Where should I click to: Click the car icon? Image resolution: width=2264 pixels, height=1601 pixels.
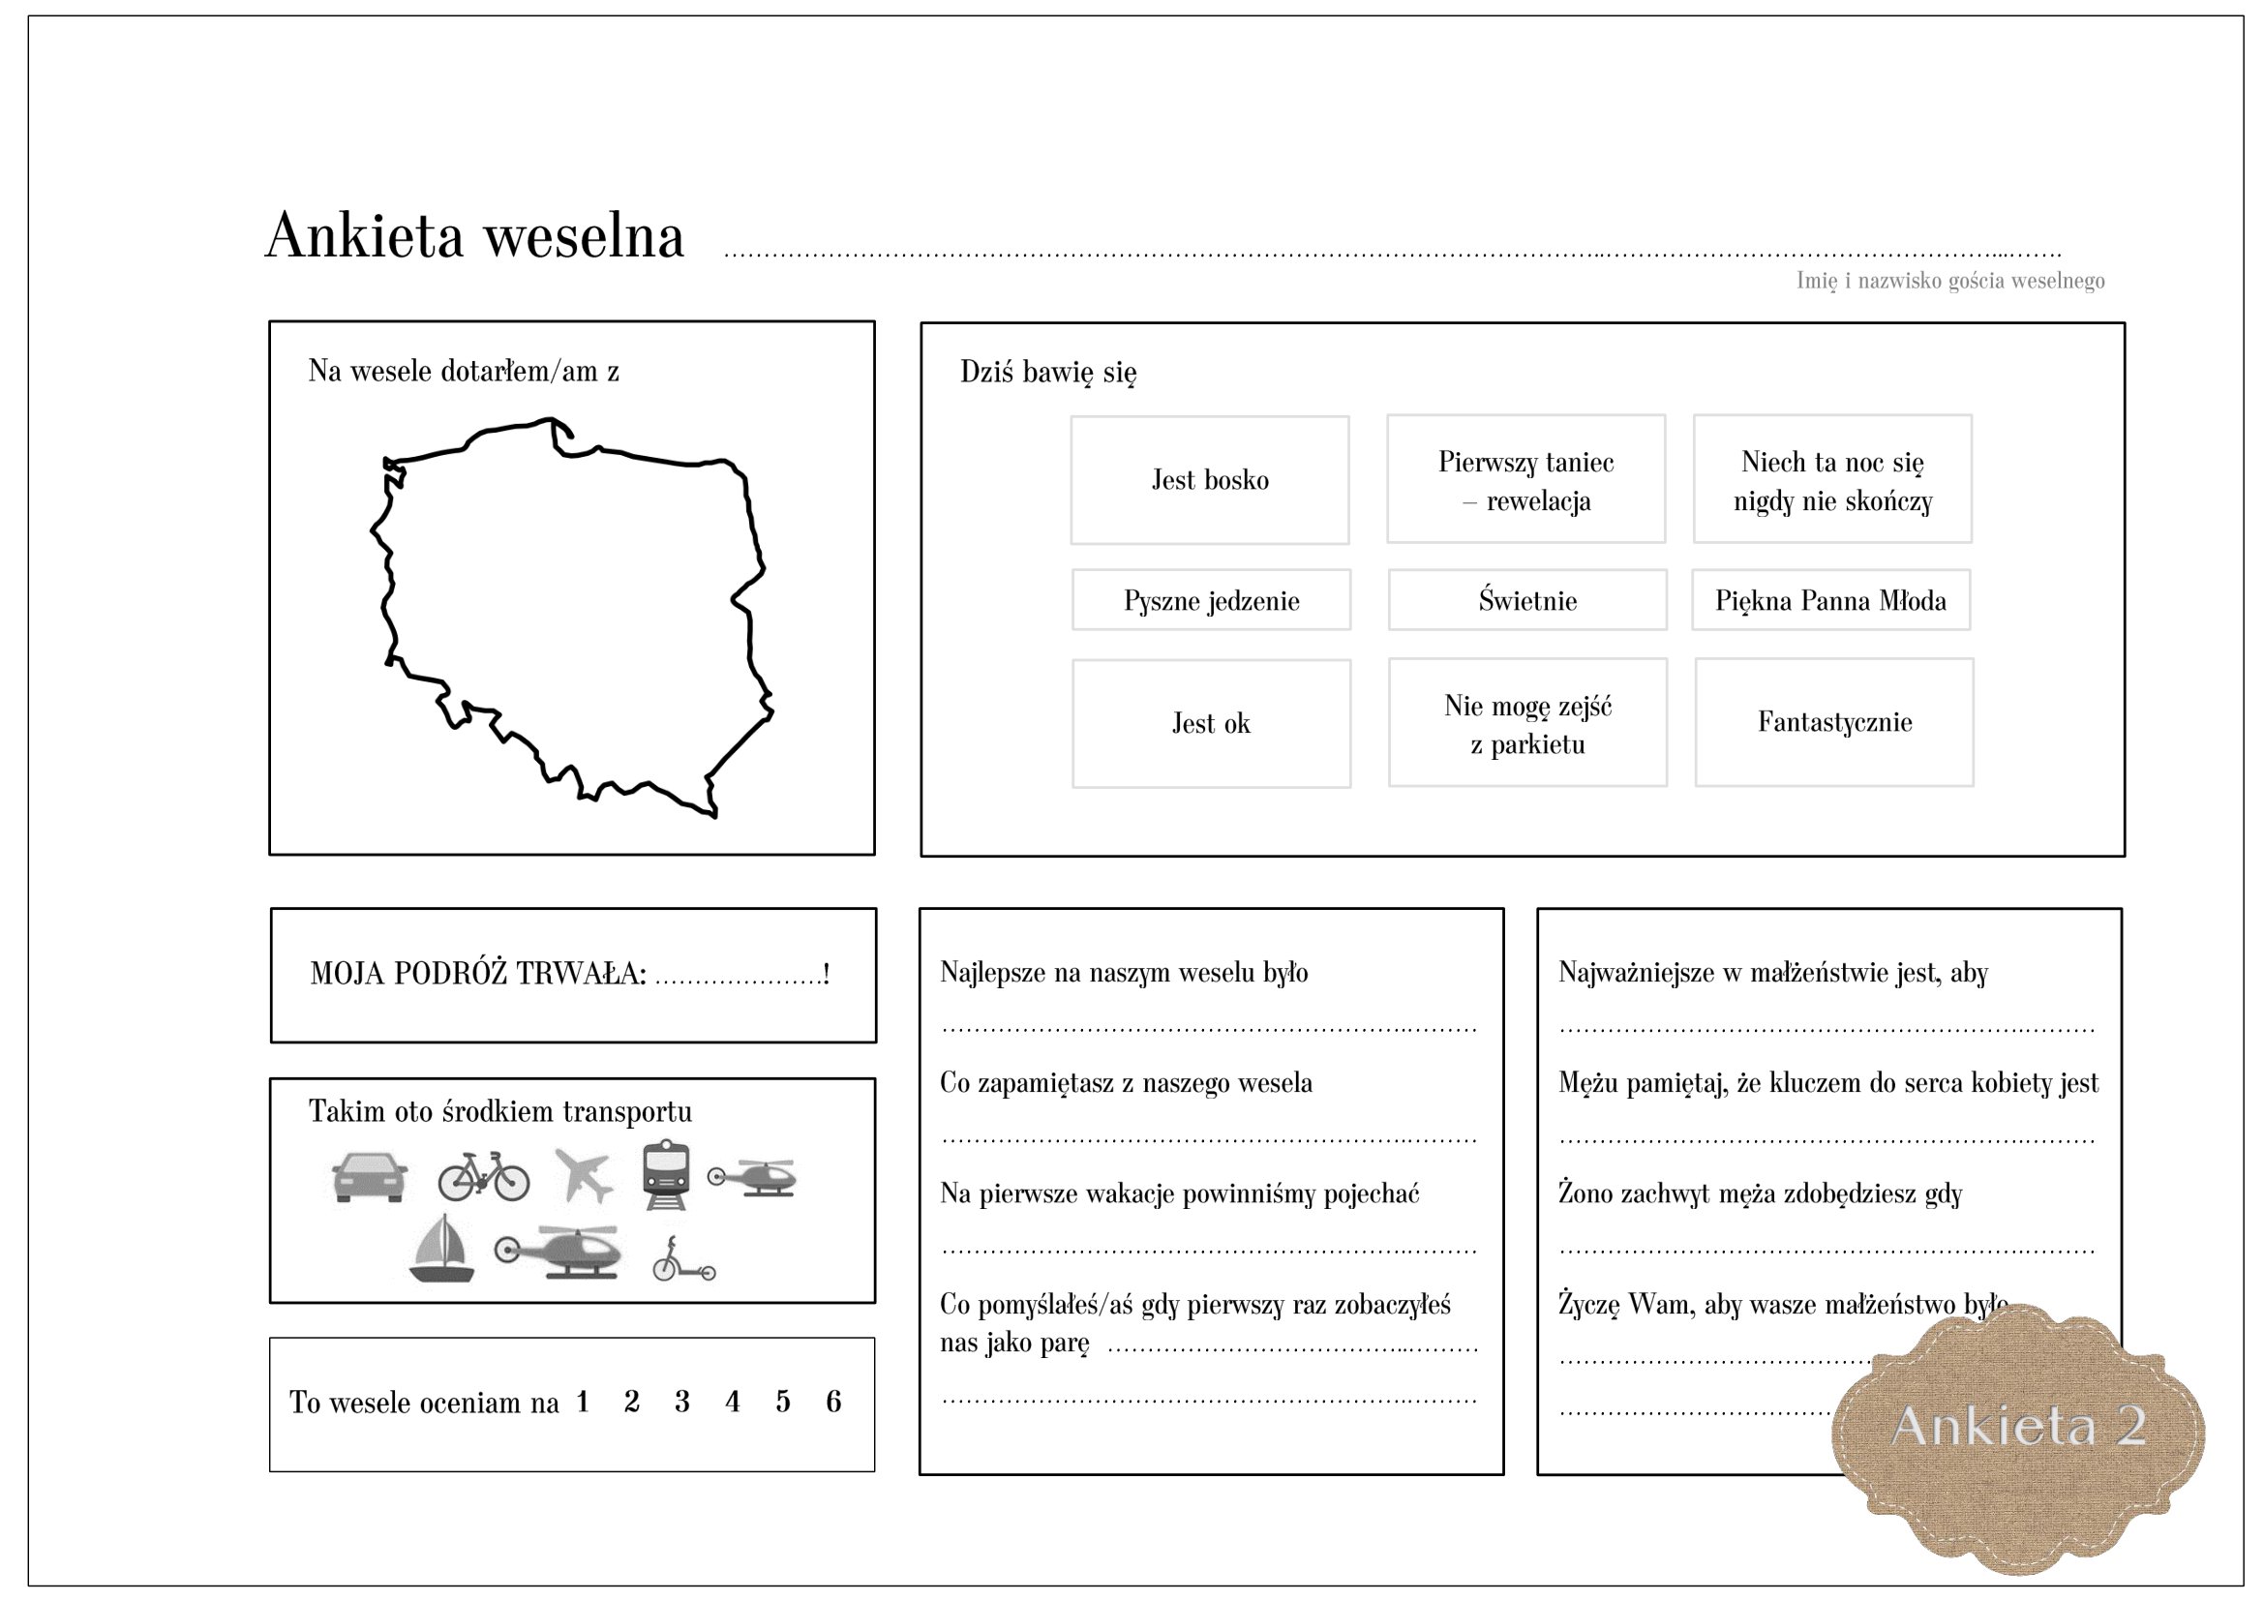[370, 1176]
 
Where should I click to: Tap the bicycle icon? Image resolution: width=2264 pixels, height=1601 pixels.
[483, 1176]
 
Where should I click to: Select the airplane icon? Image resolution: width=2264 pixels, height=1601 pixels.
[584, 1174]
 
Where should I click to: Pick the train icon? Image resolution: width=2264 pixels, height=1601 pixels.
[667, 1174]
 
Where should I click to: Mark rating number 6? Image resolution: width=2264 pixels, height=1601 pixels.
[833, 1401]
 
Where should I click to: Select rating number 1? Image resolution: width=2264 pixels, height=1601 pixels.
[583, 1401]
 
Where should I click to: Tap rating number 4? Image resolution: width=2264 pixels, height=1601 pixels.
[732, 1401]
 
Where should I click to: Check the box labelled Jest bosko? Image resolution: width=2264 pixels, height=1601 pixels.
[1210, 480]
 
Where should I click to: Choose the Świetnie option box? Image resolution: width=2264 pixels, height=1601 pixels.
[1527, 599]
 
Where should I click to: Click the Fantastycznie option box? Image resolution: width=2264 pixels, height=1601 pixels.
[1834, 722]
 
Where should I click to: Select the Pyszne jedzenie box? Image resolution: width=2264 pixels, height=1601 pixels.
[1211, 599]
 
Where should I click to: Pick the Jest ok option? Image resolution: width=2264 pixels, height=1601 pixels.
[1211, 723]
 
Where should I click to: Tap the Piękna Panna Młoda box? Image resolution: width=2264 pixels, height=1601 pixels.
[1831, 599]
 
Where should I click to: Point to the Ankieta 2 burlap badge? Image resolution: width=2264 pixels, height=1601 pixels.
[2017, 1426]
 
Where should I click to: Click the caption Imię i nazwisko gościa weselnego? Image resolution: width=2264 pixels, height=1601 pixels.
[1950, 281]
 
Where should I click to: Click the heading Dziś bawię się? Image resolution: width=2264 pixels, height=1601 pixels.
[1048, 373]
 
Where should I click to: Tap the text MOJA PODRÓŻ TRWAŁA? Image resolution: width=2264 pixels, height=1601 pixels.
[478, 973]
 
